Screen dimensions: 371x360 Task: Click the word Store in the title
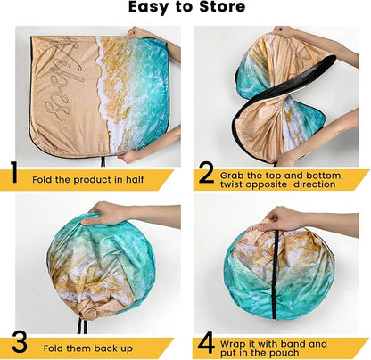click(x=222, y=7)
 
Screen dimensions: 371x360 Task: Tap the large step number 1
click(x=14, y=172)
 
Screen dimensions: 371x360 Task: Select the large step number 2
click(x=206, y=173)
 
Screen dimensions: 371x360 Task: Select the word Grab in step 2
click(x=231, y=176)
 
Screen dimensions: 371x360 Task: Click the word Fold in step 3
click(x=53, y=348)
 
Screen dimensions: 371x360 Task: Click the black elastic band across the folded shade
click(x=276, y=274)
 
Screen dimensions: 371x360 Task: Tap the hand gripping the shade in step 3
click(x=104, y=214)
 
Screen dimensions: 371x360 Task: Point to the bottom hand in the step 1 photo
click(x=128, y=156)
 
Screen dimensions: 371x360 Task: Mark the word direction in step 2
click(x=315, y=184)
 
